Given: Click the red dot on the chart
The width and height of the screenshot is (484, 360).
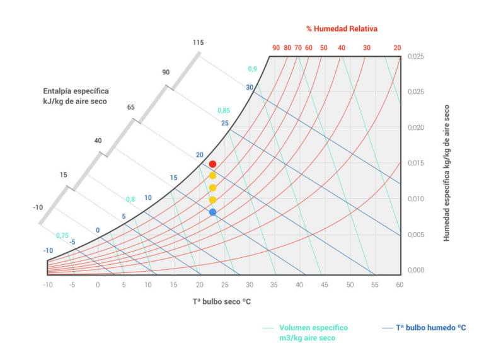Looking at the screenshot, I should click(212, 164).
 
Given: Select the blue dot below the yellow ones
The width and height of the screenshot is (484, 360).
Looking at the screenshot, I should click(212, 212).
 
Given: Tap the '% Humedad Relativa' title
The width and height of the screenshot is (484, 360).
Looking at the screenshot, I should click(342, 29).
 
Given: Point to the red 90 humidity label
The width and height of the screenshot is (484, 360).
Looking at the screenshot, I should click(276, 48).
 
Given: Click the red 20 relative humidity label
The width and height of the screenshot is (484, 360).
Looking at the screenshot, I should click(397, 48).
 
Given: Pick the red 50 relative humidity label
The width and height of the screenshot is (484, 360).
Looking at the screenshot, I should click(323, 48).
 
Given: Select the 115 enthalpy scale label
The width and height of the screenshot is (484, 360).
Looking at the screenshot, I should click(199, 42).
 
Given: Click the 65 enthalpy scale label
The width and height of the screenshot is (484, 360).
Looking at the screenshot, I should click(131, 107).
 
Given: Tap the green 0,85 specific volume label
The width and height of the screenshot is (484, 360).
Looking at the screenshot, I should click(224, 110).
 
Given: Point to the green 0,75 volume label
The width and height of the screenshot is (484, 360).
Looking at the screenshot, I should click(62, 236).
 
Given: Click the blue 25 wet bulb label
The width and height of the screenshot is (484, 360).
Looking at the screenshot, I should click(225, 123).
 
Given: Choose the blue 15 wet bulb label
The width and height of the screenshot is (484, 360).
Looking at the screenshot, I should click(174, 178).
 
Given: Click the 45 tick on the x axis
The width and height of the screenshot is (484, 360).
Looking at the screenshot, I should click(324, 285).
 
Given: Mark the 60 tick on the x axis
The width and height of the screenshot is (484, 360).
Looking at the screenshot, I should click(400, 285).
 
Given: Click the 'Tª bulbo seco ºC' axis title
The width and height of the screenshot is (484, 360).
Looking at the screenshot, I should click(222, 301).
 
